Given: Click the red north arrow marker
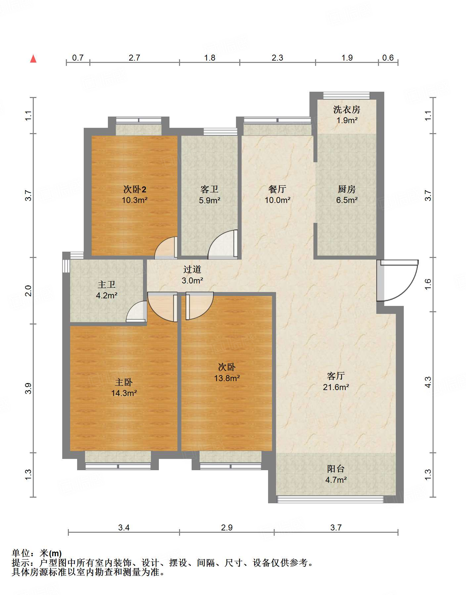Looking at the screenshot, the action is tap(33, 59).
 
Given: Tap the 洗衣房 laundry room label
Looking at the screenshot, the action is tap(347, 109).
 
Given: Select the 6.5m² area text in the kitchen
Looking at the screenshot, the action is tap(347, 200).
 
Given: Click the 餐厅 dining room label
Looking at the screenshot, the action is tap(277, 189).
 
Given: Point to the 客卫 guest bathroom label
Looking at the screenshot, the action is tap(210, 189).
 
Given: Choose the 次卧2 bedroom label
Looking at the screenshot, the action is tap(135, 189).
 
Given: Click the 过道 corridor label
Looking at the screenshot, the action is tap(192, 269).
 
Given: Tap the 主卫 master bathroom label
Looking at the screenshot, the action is tap(107, 284).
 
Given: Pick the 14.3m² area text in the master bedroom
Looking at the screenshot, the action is tap(124, 393).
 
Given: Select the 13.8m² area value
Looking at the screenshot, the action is tap(227, 378).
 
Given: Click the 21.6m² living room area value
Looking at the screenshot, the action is tap(336, 387).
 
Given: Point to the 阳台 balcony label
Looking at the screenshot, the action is tap(336, 469).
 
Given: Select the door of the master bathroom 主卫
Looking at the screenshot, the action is tap(136, 312).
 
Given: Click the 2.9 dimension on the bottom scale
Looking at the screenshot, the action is tap(227, 527).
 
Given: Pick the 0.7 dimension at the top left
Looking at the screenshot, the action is tap(78, 58).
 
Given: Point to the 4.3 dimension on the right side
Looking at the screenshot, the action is tap(428, 382).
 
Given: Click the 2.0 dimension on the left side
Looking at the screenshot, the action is tap(28, 290).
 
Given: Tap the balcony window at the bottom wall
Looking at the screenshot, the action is tap(330, 499).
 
